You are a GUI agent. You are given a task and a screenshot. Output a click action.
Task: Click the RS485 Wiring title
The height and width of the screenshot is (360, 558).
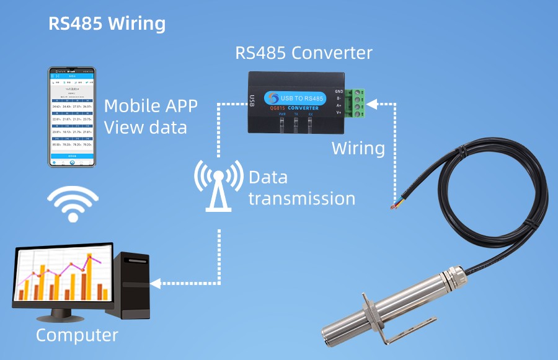(107, 24)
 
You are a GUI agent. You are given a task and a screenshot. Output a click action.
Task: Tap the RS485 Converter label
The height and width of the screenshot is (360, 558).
(303, 53)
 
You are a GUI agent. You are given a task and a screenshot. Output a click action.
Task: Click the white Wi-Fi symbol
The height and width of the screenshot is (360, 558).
(74, 204)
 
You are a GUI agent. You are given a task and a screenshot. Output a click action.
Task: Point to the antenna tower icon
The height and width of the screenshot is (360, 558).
(218, 185)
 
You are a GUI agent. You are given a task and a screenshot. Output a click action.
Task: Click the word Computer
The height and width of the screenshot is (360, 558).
(77, 335)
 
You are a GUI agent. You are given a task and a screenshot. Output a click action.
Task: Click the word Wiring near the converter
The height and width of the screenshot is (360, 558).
(358, 149)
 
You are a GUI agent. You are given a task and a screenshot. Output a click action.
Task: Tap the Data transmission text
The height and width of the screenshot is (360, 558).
(301, 188)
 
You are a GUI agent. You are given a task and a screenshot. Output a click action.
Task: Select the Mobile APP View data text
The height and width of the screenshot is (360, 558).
(151, 116)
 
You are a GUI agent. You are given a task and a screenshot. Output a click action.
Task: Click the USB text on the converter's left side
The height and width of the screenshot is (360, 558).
(252, 99)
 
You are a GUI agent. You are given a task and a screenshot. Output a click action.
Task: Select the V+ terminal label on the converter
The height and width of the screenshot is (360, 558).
(339, 113)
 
